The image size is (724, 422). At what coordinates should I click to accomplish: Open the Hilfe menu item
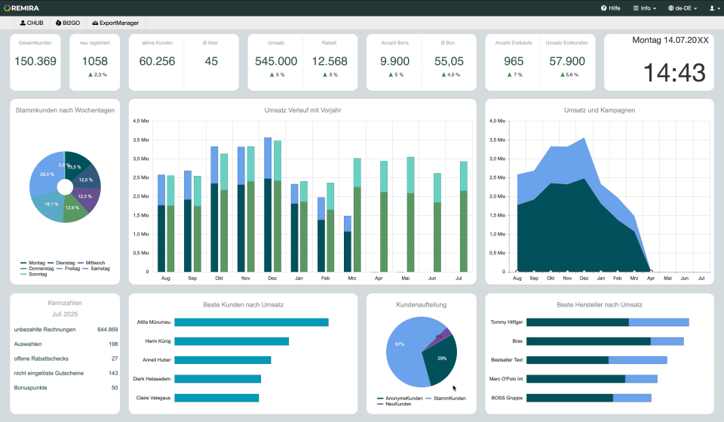click(610, 8)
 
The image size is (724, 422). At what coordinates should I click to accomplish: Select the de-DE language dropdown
click(682, 8)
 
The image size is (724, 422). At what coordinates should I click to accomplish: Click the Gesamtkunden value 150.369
click(36, 61)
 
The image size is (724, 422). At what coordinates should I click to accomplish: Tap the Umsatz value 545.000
click(276, 61)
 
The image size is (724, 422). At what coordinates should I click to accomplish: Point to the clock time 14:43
click(673, 73)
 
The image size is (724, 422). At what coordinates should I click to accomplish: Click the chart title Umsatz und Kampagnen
click(599, 110)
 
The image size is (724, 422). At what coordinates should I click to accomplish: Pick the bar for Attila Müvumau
click(251, 322)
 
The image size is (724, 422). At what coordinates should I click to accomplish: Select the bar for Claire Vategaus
click(216, 398)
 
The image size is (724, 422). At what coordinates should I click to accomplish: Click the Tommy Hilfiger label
click(507, 322)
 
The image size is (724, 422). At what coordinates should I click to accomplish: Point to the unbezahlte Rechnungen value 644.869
click(107, 330)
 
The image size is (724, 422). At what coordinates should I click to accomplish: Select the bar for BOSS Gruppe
click(588, 398)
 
